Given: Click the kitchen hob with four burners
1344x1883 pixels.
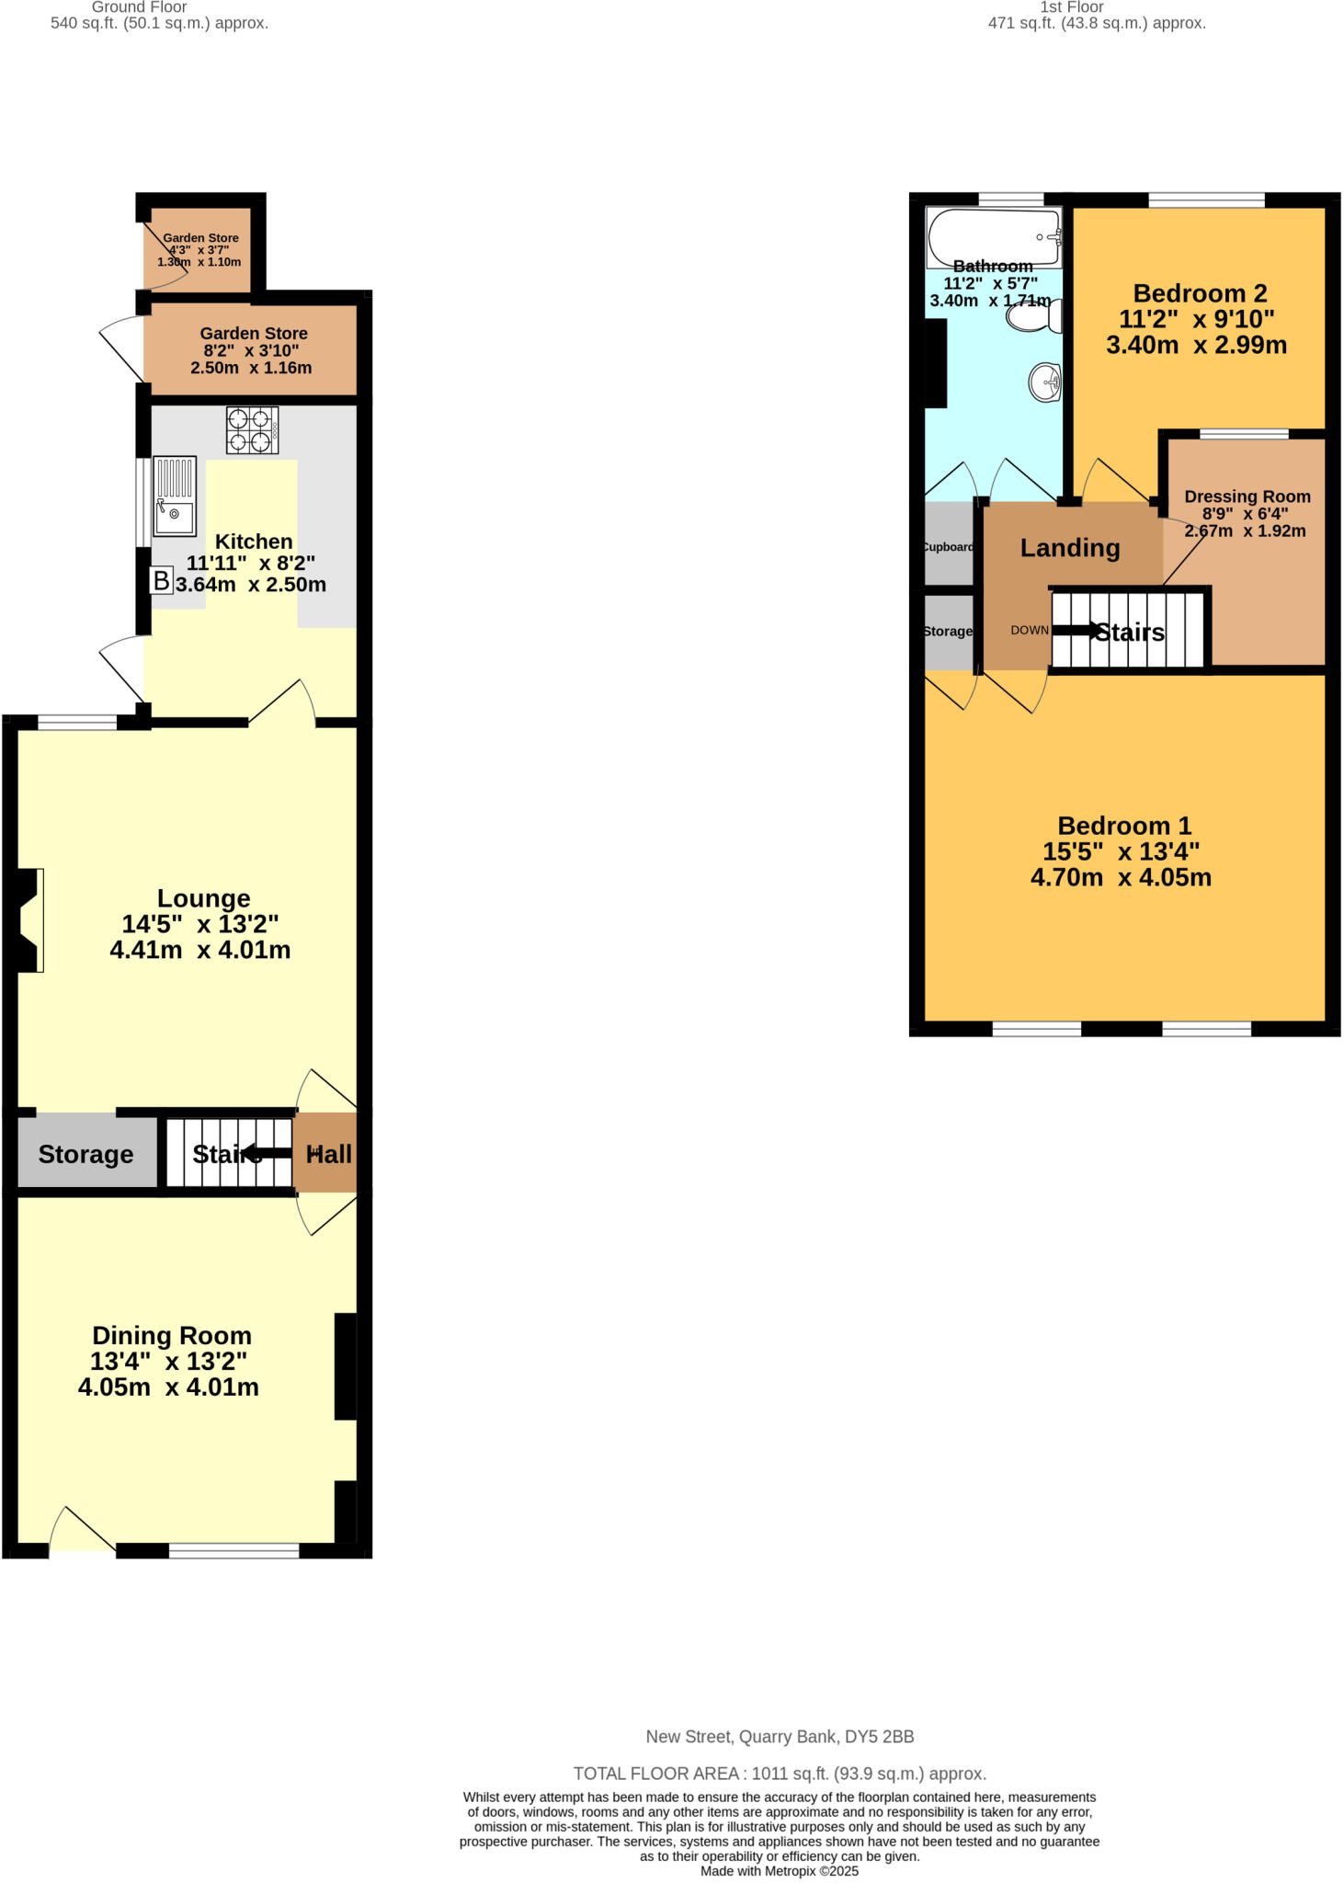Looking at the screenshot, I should click(252, 430).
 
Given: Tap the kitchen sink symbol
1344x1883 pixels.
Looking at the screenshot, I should click(174, 496).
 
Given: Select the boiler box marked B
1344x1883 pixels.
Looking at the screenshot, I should click(161, 580).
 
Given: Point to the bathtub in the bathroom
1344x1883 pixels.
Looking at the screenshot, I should click(994, 236).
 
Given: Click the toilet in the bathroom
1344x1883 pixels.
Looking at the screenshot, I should click(1033, 317).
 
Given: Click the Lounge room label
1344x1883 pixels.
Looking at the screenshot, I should click(203, 898).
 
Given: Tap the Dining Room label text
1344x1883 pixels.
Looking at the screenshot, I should click(172, 1336).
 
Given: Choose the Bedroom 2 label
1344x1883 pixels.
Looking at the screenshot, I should click(1200, 293).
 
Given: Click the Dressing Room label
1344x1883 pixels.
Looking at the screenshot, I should click(1247, 496).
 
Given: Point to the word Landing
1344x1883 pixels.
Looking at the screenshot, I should click(1070, 548).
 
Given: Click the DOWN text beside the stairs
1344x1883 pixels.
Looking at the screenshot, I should click(1029, 631).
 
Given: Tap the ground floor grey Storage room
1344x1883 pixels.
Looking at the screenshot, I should click(85, 1154).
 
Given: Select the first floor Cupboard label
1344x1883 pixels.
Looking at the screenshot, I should click(947, 547).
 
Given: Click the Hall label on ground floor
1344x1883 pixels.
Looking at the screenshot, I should click(328, 1154).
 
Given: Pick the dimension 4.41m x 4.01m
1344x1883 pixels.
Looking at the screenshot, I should click(200, 950).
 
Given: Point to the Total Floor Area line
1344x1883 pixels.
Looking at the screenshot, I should click(780, 1774).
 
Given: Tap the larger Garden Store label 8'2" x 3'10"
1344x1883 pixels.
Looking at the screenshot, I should click(254, 334).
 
